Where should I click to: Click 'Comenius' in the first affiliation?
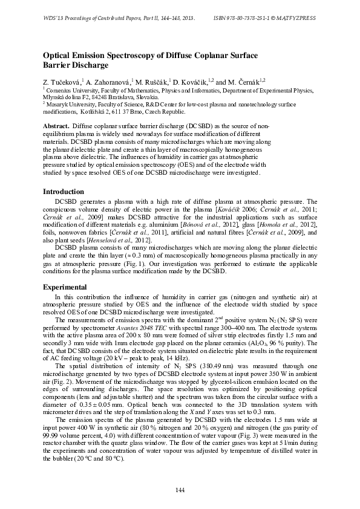click(60, 89)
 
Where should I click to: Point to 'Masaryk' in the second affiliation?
click(58, 104)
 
